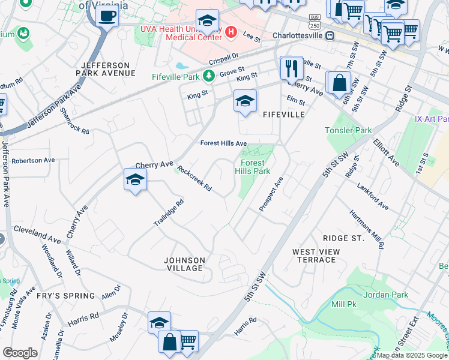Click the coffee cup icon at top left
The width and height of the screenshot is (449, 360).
tap(107, 16)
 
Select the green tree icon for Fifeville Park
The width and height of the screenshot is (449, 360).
tap(208, 76)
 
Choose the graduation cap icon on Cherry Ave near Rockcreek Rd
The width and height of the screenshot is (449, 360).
tap(136, 179)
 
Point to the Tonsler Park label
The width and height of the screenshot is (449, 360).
tap(348, 130)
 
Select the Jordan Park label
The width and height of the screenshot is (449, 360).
tap(385, 295)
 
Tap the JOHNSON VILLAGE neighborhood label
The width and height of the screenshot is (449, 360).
tap(185, 264)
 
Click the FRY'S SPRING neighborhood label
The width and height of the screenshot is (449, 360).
tap(67, 296)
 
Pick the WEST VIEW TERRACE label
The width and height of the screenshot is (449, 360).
tap(316, 256)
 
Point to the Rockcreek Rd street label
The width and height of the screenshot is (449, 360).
tap(194, 179)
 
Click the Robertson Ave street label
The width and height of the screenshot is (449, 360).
tap(33, 161)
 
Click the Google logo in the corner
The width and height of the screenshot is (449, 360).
tap(20, 352)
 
